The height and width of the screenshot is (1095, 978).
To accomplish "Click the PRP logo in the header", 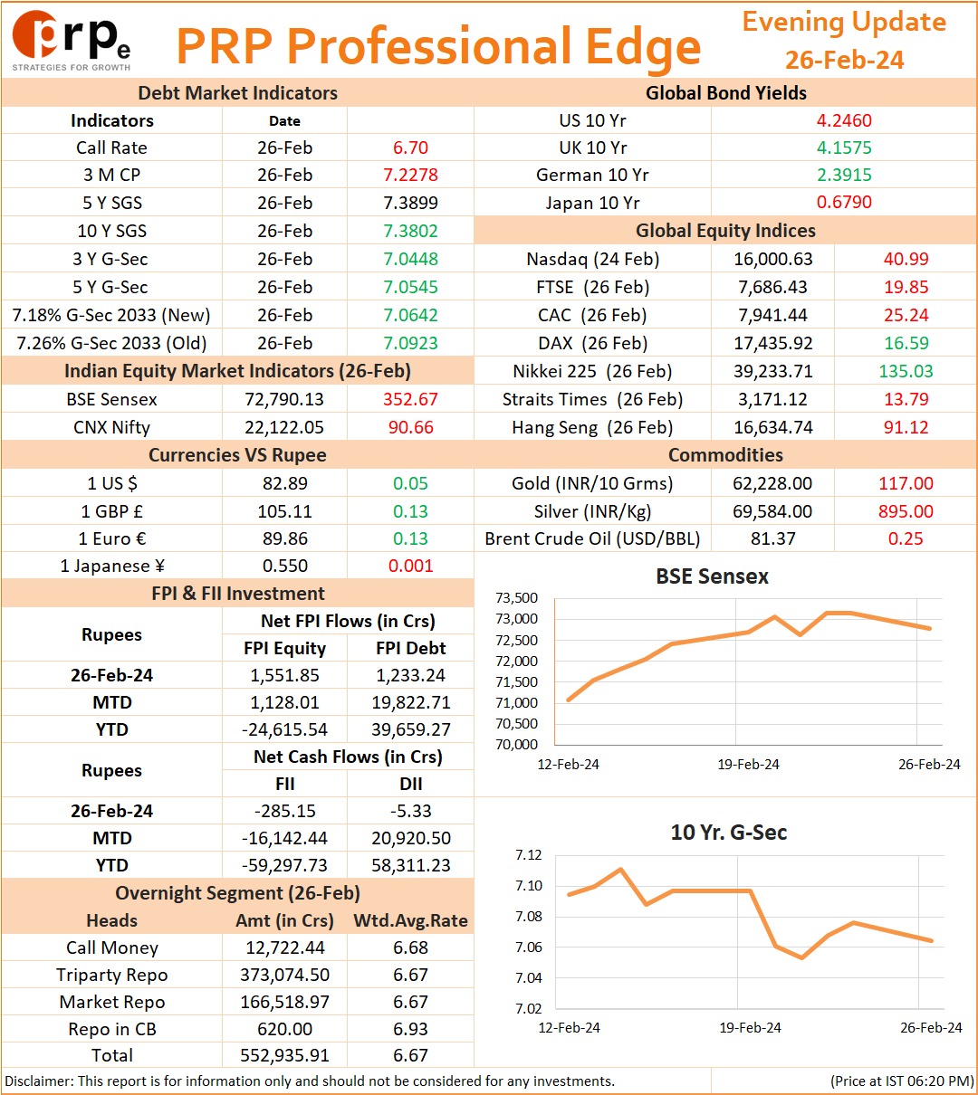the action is tap(72, 41).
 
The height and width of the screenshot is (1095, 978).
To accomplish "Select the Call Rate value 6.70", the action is tap(410, 148).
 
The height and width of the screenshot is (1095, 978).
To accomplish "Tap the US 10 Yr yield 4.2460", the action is tap(844, 120).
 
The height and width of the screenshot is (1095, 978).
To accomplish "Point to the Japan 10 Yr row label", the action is tap(592, 203).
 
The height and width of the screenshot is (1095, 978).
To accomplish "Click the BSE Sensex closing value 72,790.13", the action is tap(284, 399).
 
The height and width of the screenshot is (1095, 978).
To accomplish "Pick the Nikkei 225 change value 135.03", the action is tap(906, 371).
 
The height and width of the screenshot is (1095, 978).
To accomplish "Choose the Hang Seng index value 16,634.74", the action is tap(773, 427).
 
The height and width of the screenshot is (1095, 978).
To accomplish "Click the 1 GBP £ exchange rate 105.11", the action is tap(284, 510).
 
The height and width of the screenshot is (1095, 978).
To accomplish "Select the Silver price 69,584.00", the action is tap(772, 510).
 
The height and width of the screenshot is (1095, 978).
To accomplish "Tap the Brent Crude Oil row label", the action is tap(592, 538).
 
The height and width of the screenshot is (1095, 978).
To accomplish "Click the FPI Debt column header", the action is tap(410, 647).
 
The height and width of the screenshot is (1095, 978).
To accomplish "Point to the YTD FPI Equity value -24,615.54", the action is tap(284, 729).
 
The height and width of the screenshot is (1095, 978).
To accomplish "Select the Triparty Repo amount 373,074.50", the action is tap(284, 974).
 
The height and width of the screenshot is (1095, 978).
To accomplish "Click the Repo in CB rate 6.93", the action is tap(410, 1029).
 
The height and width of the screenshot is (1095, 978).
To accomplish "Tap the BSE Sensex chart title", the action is tap(712, 576).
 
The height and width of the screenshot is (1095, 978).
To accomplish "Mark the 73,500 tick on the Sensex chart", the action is tap(516, 597).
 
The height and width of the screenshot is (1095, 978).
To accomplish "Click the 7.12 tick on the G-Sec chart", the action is tap(529, 854).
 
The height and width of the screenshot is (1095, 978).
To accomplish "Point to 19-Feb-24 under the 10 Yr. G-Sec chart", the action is tap(750, 1027).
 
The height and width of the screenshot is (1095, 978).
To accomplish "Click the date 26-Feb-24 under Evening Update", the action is tap(844, 60).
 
